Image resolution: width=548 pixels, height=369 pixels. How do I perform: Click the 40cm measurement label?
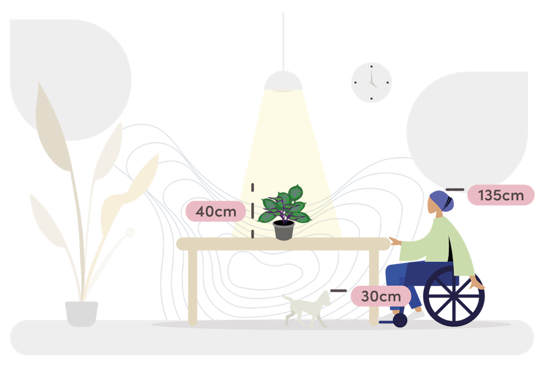click(216, 211)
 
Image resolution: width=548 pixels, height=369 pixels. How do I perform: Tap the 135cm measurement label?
click(501, 196)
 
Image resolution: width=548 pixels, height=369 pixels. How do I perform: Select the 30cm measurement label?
click(381, 296)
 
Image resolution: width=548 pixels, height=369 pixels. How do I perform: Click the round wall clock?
click(371, 83)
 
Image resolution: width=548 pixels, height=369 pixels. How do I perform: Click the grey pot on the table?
click(284, 230)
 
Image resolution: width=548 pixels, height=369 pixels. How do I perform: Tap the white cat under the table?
click(306, 307)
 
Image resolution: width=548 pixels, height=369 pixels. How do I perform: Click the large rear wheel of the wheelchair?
click(454, 296)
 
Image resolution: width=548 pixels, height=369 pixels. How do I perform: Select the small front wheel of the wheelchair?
click(399, 320)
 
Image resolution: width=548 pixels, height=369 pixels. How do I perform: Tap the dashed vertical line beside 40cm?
click(252, 211)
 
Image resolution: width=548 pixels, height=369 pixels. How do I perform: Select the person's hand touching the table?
click(395, 240)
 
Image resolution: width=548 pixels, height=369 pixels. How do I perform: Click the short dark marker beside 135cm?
click(455, 190)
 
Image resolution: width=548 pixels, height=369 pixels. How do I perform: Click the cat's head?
click(324, 298)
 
